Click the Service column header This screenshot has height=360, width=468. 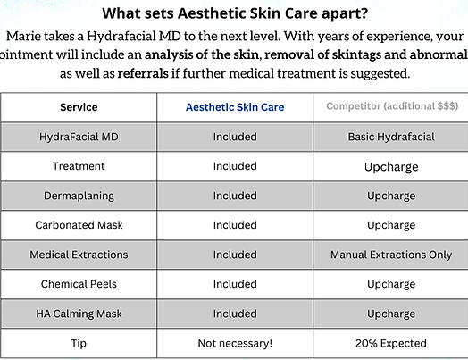(79, 107)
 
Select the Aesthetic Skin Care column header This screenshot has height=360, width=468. (235, 107)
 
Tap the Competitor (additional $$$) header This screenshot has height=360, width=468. (390, 107)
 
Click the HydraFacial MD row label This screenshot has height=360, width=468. (79, 137)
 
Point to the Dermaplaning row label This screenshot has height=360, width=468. (79, 196)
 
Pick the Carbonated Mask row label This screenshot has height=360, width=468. (79, 225)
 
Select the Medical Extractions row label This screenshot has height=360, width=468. (79, 255)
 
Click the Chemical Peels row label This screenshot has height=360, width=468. (79, 284)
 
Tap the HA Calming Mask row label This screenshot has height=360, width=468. (79, 314)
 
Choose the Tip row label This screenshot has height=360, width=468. (79, 343)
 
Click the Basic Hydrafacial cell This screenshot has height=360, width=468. (390, 137)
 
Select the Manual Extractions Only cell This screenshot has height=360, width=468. (390, 255)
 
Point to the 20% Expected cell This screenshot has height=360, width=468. (390, 343)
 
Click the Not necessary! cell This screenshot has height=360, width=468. (235, 343)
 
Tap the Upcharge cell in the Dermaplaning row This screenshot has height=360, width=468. (390, 196)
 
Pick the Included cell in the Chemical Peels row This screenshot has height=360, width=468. (235, 284)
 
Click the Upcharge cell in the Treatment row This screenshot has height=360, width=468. (390, 166)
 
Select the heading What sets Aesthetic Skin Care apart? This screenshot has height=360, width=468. (234, 13)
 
